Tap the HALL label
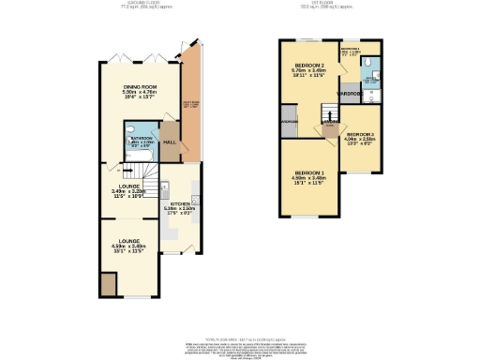170,142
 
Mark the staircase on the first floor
329,127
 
